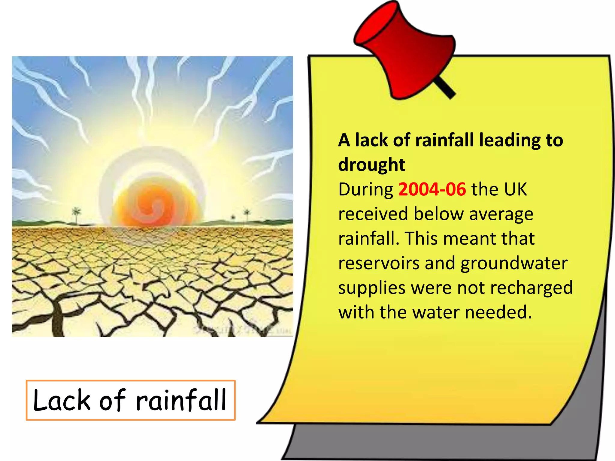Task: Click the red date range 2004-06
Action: tap(432, 189)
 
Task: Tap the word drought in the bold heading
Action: tap(371, 165)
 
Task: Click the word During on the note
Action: tap(365, 189)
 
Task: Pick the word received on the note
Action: tap(373, 214)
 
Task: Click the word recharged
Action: tap(532, 288)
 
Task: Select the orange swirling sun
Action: tap(156, 206)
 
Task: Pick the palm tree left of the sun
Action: tap(76, 214)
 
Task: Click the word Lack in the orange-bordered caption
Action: tap(62, 401)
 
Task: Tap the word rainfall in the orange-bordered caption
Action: tap(181, 401)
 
